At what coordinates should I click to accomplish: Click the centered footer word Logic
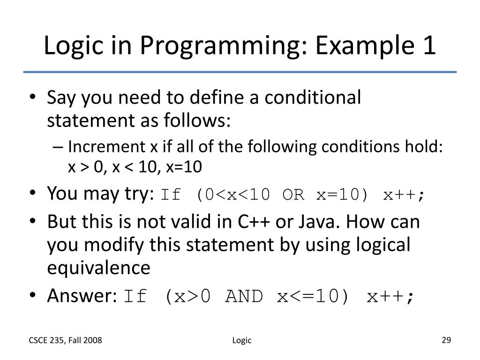pos(242,341)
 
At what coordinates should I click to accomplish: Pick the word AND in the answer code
pos(244,297)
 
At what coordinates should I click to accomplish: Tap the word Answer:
pos(82,296)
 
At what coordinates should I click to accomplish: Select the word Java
pos(315,222)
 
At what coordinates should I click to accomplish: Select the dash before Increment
pos(58,147)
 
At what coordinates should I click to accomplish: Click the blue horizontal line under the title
pos(240,72)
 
